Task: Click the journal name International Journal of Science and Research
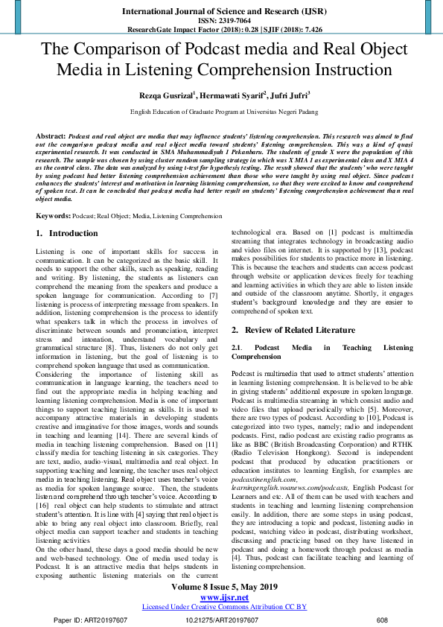pyautogui.click(x=221, y=12)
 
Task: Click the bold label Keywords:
pyautogui.click(x=54, y=215)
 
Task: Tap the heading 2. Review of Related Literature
pyautogui.click(x=292, y=329)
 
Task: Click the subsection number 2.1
pyautogui.click(x=237, y=348)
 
